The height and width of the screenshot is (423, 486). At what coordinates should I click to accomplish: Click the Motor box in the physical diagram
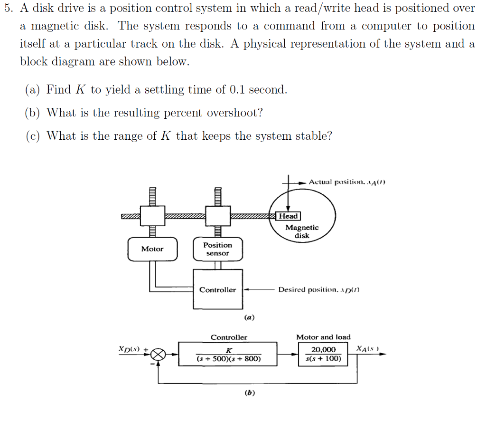click(x=152, y=249)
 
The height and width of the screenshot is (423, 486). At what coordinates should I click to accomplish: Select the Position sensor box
click(x=217, y=249)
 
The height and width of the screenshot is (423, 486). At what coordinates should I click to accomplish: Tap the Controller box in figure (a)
click(x=217, y=289)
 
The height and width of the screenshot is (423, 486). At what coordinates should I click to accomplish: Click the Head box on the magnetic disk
click(x=289, y=216)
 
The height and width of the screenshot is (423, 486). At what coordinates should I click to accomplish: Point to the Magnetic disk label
click(x=302, y=231)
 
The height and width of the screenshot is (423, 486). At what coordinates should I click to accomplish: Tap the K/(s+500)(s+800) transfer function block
click(x=229, y=354)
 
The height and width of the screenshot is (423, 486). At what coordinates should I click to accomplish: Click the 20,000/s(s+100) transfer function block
click(x=323, y=354)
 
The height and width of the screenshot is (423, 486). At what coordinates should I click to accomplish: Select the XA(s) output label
click(x=368, y=349)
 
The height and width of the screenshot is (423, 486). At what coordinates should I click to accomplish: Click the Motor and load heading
click(x=323, y=337)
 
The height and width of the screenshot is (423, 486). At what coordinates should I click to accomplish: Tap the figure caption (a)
click(x=249, y=317)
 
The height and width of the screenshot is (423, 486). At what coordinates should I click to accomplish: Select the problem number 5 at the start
click(x=7, y=8)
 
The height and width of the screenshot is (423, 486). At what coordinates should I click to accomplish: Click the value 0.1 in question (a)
click(x=237, y=90)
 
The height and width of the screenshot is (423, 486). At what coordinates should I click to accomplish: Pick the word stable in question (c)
click(x=313, y=136)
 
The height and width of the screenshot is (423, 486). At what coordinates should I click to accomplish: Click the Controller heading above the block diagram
click(x=229, y=337)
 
